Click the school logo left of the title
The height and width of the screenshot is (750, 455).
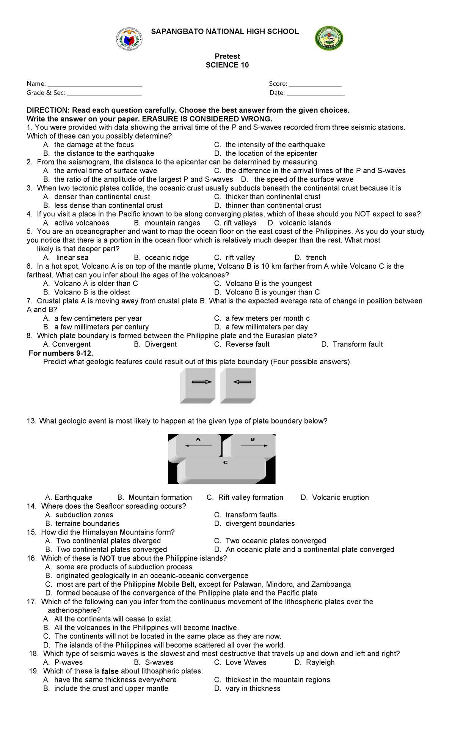click(129, 39)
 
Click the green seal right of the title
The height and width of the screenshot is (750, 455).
click(329, 38)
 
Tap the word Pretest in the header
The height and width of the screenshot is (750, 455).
click(227, 56)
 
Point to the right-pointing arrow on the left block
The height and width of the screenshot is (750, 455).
click(201, 382)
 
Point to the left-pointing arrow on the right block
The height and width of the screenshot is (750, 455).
click(242, 382)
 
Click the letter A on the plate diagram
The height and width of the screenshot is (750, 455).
click(198, 439)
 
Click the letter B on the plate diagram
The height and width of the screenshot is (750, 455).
click(253, 439)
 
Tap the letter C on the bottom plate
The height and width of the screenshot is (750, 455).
click(225, 462)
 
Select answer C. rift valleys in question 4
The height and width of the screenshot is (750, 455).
click(235, 223)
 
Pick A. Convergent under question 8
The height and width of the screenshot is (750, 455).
click(67, 344)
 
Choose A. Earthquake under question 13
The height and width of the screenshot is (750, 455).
click(68, 497)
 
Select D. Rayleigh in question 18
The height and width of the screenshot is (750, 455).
click(314, 662)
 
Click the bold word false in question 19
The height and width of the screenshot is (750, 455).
click(110, 671)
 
